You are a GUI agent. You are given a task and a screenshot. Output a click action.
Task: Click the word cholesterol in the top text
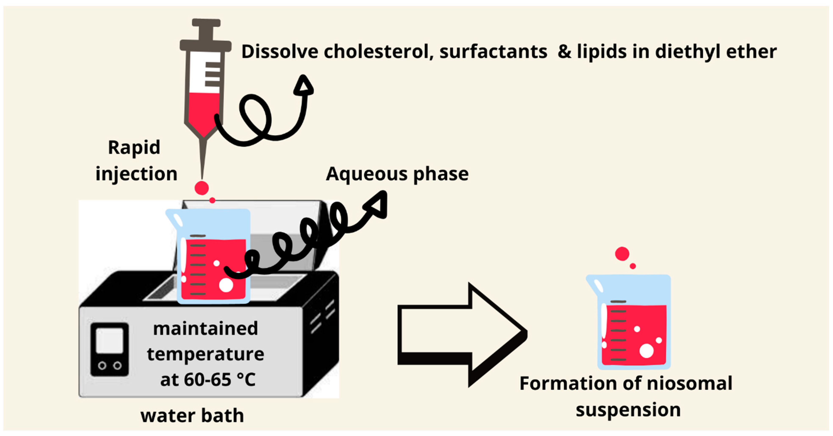378,52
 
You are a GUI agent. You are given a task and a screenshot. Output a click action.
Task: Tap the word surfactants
493,52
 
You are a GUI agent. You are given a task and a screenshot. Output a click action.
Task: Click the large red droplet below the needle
202,188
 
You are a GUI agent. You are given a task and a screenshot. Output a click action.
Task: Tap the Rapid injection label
136,160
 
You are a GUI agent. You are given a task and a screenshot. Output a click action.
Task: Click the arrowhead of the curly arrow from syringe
304,86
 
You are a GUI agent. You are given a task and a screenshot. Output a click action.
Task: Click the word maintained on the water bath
206,329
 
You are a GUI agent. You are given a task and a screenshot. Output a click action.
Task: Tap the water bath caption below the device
192,416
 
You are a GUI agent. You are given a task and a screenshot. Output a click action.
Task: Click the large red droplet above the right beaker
622,254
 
